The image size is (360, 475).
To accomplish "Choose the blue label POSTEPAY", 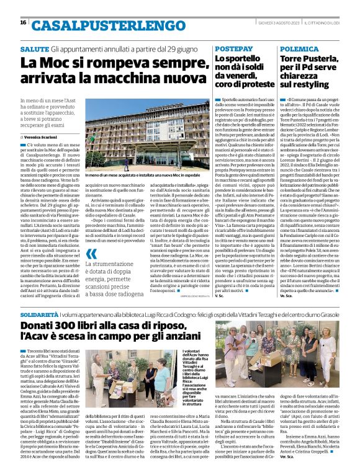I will click(233, 48).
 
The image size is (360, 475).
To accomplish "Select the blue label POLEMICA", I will click(298, 48).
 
